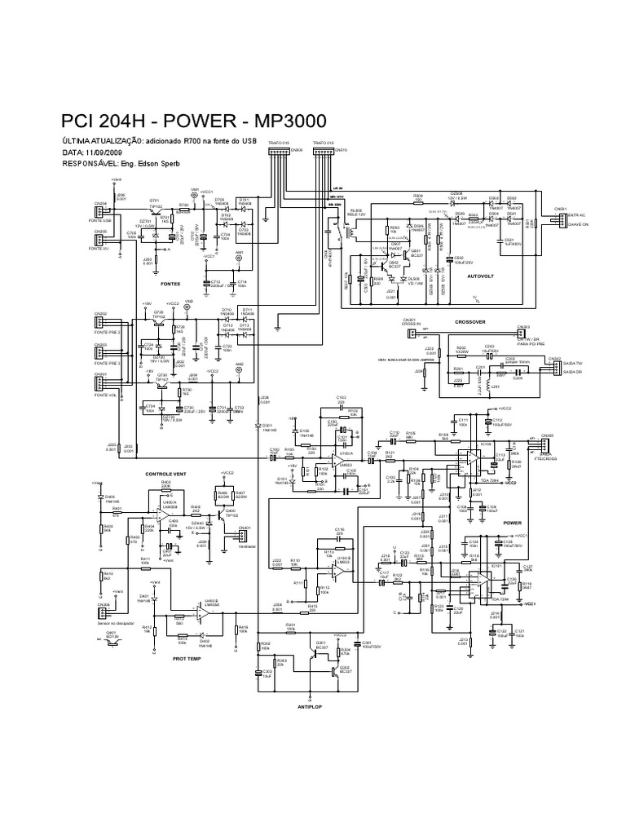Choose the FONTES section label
pyautogui.click(x=170, y=284)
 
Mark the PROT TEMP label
pyautogui.click(x=186, y=658)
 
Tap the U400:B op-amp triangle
pyautogui.click(x=201, y=611)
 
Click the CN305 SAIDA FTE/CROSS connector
pyautogui.click(x=545, y=445)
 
